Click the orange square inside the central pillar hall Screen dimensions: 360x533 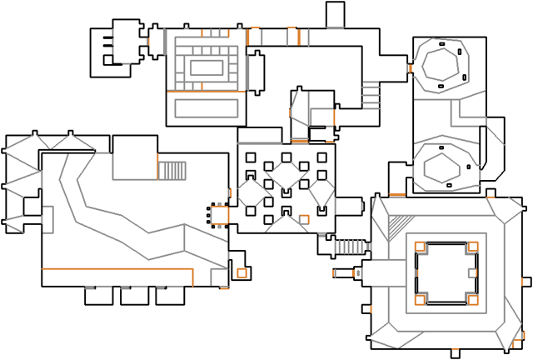click(304, 219)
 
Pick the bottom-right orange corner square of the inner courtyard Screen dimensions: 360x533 click(472, 299)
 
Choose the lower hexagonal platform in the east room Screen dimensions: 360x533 click(444, 167)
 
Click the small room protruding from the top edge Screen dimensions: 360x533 click(334, 15)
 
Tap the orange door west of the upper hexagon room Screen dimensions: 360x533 click(408, 67)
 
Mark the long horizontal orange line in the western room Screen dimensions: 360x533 click(117, 270)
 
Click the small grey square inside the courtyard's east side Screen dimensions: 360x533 click(472, 272)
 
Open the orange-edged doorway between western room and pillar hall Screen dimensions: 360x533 click(219, 215)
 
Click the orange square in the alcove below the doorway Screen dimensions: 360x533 click(242, 272)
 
